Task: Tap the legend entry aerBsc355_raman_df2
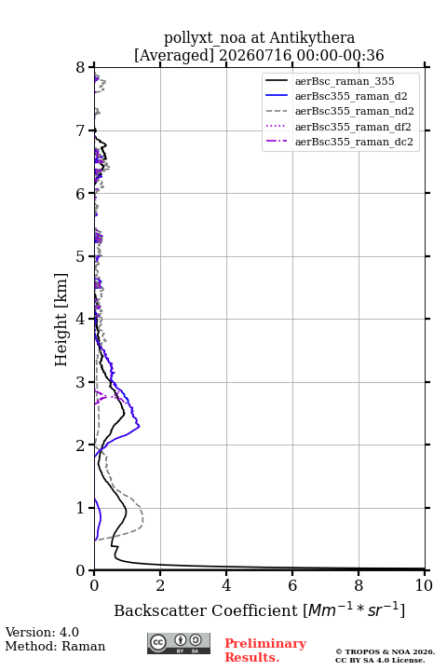[338, 126]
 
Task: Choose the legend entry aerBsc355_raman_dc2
[339, 142]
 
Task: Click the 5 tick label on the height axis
[80, 256]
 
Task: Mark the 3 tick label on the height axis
[80, 382]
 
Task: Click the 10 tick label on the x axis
[424, 585]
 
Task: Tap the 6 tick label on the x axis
[292, 585]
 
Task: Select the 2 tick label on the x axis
[160, 585]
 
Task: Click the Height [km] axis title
[61, 320]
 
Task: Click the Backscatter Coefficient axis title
[259, 609]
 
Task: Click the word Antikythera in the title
[312, 37]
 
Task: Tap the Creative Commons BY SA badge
[179, 643]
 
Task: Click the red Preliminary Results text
[265, 650]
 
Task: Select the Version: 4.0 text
[42, 632]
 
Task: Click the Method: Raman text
[55, 646]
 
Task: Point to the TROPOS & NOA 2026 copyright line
[385, 651]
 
